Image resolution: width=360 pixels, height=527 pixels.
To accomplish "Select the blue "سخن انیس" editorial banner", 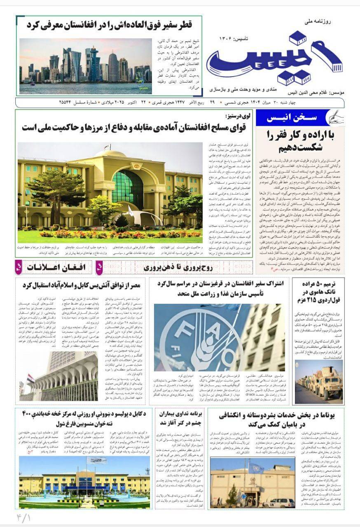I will point(292,118).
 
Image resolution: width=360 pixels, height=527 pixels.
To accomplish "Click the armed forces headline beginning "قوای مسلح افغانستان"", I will point(134,127).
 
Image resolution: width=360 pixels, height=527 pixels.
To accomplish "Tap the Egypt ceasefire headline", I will point(81,285).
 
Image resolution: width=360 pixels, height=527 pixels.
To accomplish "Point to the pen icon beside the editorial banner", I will point(333,118).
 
